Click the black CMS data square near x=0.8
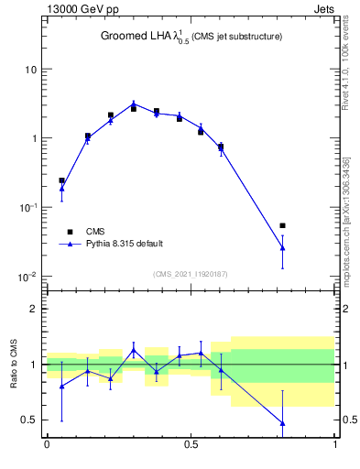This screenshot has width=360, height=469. [282, 225]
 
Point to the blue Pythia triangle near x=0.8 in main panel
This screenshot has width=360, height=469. [282, 247]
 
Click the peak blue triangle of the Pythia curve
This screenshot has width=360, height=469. [134, 104]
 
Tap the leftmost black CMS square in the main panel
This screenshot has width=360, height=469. [61, 180]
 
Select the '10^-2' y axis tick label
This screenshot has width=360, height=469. [27, 276]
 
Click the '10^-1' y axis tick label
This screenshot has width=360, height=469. [27, 207]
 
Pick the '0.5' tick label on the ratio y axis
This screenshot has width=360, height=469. [29, 420]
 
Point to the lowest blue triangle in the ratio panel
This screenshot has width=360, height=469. [282, 423]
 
